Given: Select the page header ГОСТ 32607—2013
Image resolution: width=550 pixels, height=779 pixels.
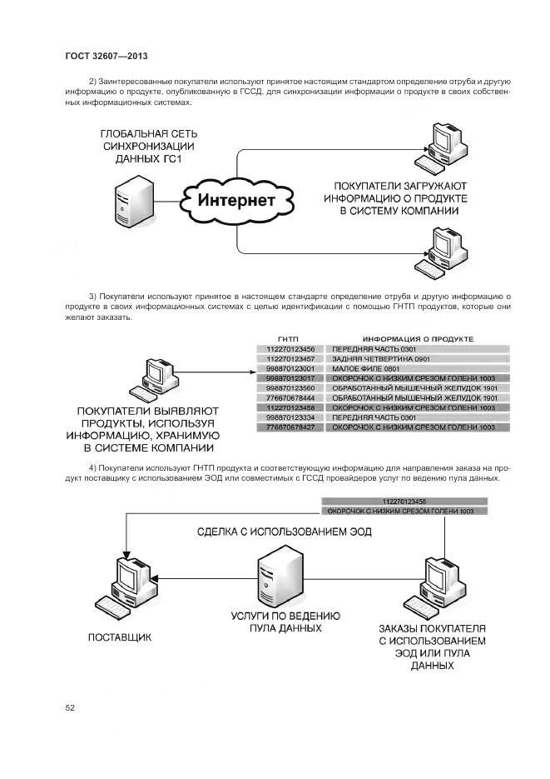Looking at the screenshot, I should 106,57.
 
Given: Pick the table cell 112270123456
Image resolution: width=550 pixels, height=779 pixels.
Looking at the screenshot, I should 290,348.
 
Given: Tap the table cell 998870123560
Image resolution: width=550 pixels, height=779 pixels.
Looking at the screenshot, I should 290,388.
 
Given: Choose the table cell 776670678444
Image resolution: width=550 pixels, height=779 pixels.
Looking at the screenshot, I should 290,398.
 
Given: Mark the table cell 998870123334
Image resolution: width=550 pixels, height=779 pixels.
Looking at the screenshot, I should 290,417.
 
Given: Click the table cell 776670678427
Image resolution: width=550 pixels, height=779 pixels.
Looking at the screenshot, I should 290,427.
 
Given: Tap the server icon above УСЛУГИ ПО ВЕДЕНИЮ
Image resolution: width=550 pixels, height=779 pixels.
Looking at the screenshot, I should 277,578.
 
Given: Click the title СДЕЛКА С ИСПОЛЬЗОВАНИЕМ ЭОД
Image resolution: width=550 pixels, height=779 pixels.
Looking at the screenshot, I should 284,531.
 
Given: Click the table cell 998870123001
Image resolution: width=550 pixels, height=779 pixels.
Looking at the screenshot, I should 290,368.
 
